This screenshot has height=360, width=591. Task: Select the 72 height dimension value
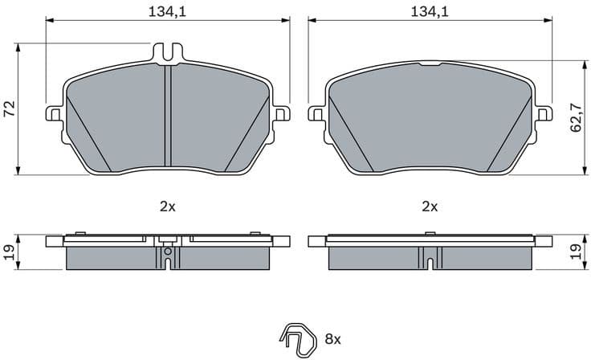(9, 109)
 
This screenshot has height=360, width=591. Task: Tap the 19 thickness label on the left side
(9, 252)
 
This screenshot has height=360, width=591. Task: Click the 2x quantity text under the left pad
(167, 207)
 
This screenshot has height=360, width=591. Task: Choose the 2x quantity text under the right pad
(430, 207)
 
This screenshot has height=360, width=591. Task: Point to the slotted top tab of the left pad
(166, 51)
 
